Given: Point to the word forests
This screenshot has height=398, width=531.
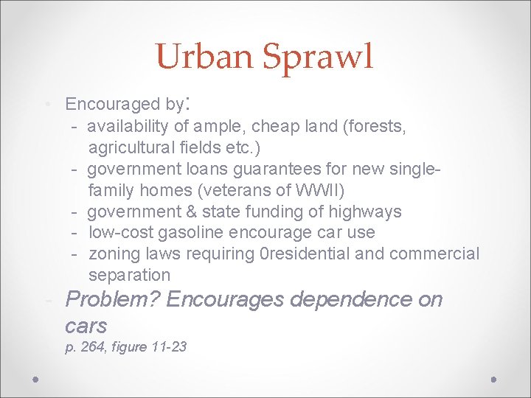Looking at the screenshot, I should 376,127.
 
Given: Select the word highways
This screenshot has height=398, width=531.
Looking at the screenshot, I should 365,212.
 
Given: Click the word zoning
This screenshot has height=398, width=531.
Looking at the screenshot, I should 113,254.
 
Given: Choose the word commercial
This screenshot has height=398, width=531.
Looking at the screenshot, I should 434,254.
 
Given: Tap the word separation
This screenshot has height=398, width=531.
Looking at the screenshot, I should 129,276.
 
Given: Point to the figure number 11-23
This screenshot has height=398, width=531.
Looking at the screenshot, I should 167,346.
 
